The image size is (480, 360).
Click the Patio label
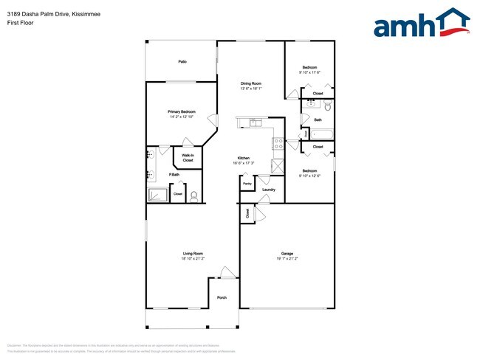pos(182,61)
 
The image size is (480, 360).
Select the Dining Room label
pos(250,83)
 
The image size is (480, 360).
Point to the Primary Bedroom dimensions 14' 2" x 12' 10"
pos(182,117)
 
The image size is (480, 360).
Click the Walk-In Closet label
pos(188,157)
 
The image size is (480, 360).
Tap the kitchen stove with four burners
pos(279,145)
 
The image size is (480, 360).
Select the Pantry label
pos(247,183)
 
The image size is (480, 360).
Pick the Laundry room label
pos(269,190)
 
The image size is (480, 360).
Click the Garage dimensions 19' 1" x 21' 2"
pos(286,259)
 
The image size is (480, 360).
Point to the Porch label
pos(222,298)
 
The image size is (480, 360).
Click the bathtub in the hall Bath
pos(322,134)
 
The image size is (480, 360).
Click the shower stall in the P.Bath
pos(158,195)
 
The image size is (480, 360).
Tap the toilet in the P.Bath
pos(194,195)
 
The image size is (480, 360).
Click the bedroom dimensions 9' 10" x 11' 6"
pos(309,72)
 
